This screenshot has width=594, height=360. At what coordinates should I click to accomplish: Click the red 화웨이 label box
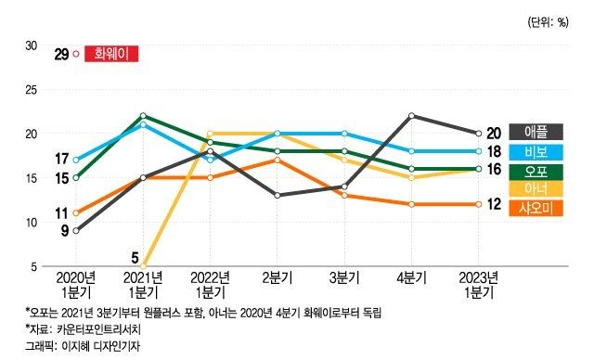coord(111,55)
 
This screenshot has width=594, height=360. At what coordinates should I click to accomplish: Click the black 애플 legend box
coord(542,133)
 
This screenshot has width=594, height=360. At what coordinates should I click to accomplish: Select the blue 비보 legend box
coord(542,151)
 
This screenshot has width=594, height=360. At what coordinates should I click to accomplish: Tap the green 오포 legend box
coord(542,170)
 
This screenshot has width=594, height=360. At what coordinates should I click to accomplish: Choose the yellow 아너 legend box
coord(542,189)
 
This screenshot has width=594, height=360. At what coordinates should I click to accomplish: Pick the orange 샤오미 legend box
coord(542,208)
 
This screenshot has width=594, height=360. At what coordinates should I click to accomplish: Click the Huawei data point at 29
coord(76,55)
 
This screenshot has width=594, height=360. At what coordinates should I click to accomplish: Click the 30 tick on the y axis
coord(31,45)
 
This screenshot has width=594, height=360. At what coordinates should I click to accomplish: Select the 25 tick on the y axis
coord(31,90)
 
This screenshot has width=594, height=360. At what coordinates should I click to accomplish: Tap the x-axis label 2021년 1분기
coord(144,284)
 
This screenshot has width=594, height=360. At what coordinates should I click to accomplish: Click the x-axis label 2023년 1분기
coord(478,284)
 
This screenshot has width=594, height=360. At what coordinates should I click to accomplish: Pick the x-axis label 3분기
coord(344,277)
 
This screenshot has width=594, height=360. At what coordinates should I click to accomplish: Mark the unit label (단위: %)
coord(548,20)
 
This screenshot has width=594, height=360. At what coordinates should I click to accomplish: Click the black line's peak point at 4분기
coord(411,116)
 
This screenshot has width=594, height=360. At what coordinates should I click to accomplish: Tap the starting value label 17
coord(61,159)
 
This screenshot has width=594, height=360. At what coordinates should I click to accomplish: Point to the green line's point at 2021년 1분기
coord(143,116)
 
